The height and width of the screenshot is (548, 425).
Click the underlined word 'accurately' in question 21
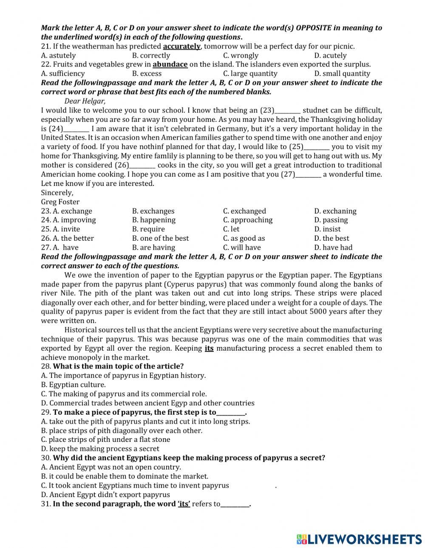point(181,46)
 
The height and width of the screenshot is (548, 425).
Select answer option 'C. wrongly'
point(241,56)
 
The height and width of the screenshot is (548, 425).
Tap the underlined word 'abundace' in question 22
point(170,65)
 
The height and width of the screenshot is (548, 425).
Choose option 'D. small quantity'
point(342,73)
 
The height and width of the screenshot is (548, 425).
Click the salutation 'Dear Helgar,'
point(85,101)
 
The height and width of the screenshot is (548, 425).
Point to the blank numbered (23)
point(288,110)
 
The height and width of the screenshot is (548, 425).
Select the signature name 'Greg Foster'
point(60,202)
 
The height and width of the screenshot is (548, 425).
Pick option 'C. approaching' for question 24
point(248,220)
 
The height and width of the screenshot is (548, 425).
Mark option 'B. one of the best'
point(160,238)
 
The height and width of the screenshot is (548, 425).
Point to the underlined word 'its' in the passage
point(209,348)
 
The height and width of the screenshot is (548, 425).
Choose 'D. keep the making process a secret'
point(100,449)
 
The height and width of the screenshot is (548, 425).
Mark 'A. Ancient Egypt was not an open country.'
point(111,467)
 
